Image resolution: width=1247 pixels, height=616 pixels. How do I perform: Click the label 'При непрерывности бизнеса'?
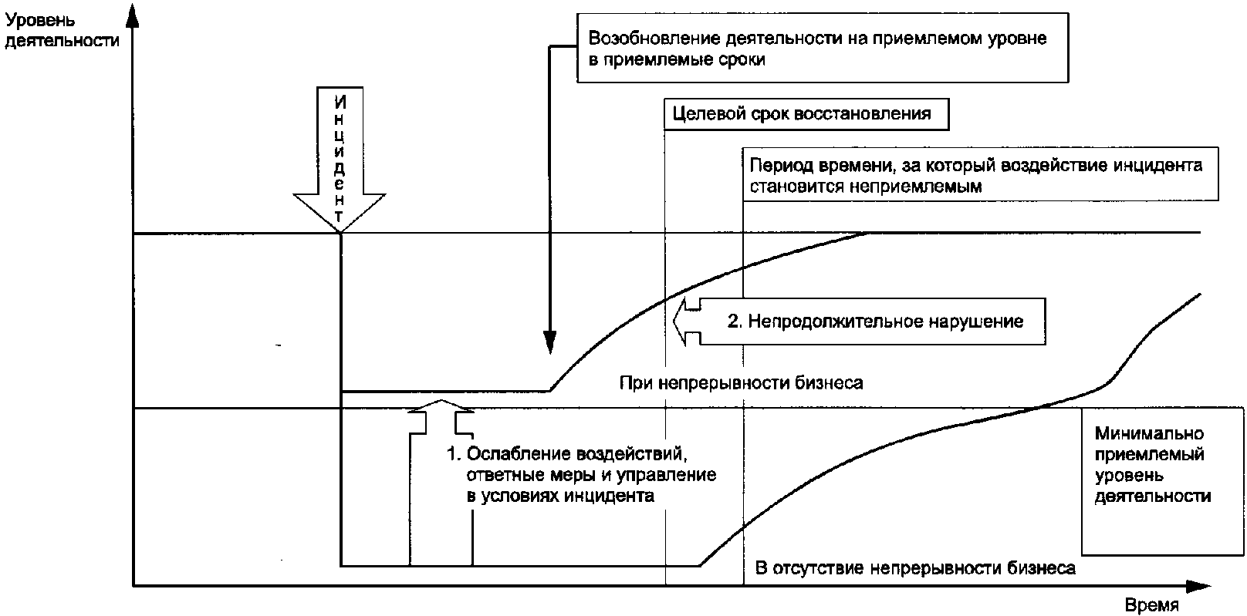click(x=741, y=382)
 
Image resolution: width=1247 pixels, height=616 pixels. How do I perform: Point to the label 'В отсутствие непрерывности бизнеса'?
click(x=914, y=569)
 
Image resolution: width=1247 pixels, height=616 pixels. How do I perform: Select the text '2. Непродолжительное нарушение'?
click(x=875, y=321)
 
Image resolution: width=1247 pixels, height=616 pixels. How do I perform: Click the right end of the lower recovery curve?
click(x=1199, y=294)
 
